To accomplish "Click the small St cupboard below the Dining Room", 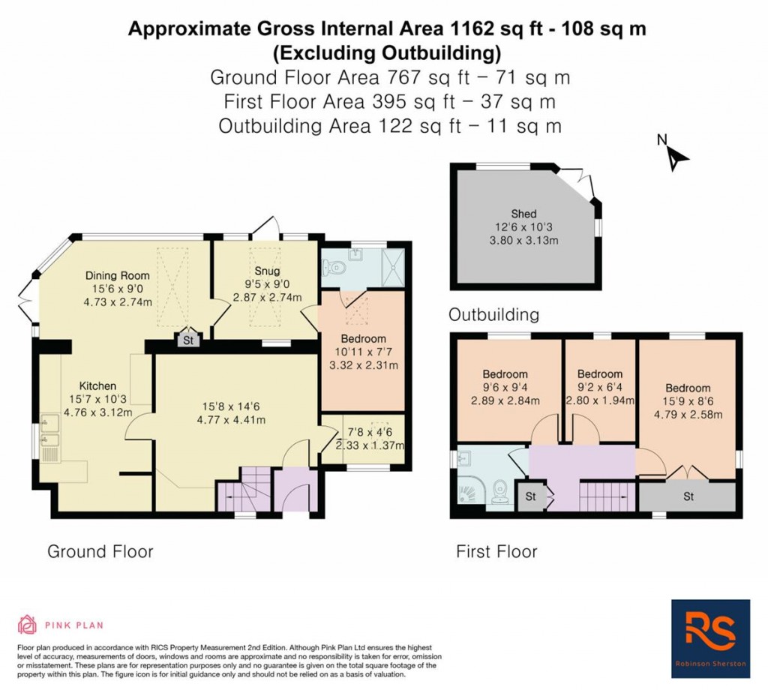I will click(x=187, y=340).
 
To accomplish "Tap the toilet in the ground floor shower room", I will click(x=334, y=265).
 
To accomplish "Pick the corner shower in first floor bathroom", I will click(x=470, y=493).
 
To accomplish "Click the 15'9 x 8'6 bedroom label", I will click(x=688, y=388).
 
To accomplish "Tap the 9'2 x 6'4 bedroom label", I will click(x=600, y=373).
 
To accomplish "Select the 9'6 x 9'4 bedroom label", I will click(x=505, y=373).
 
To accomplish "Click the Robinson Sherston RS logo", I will click(x=710, y=638).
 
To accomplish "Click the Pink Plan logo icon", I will click(x=28, y=624).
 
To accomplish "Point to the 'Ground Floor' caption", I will click(x=100, y=552).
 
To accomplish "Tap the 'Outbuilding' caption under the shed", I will click(x=493, y=314).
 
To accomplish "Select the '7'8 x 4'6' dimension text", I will click(x=363, y=432).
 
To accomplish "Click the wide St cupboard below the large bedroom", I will click(x=688, y=496).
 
